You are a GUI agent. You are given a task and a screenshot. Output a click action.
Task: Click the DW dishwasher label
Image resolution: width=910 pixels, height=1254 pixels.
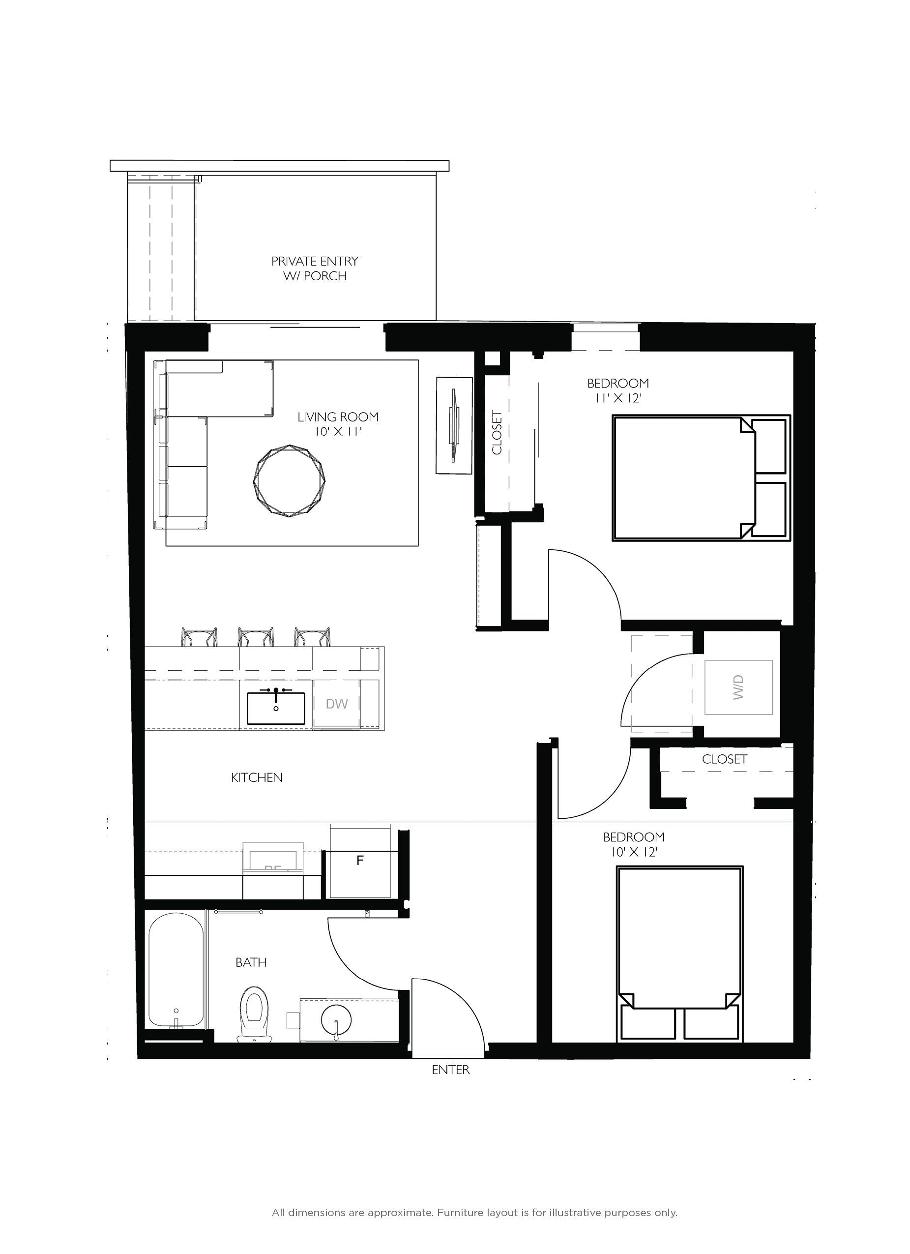337,703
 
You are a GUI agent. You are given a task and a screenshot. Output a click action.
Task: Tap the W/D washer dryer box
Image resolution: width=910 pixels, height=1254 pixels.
738,687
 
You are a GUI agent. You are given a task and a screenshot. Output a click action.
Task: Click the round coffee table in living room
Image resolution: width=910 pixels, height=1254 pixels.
289,480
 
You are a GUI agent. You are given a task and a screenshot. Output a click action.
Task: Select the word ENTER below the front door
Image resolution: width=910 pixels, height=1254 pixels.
451,1070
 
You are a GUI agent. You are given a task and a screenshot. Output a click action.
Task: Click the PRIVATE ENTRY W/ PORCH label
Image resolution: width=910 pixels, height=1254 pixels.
315,268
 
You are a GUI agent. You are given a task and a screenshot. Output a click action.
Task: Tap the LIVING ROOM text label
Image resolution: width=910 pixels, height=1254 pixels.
338,417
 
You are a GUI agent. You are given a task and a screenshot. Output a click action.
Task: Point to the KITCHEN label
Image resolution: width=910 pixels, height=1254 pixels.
257,777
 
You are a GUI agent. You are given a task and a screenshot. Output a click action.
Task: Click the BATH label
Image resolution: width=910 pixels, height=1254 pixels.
251,962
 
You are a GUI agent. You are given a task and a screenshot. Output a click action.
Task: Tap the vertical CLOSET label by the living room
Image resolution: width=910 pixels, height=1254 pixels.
497,432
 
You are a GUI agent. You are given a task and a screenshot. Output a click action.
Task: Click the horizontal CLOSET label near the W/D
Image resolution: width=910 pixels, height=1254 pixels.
724,759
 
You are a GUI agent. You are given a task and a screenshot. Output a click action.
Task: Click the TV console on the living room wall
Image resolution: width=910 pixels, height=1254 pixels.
454,425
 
